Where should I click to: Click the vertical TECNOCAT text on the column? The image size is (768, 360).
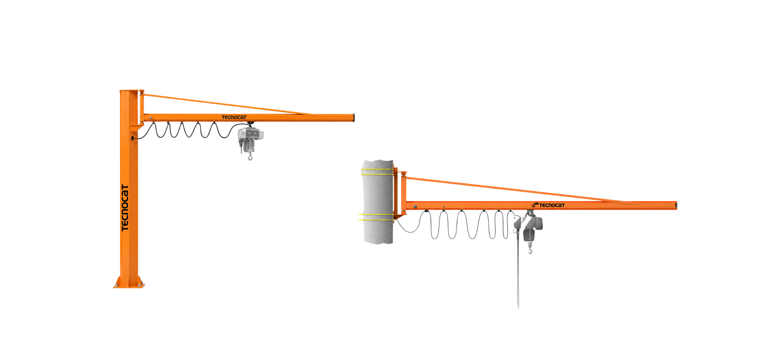[125, 208]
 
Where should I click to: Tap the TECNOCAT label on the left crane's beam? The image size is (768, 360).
[234, 117]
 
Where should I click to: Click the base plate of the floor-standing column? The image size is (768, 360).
[129, 286]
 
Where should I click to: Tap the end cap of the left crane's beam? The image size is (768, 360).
[353, 118]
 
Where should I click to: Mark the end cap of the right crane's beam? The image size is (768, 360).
[676, 206]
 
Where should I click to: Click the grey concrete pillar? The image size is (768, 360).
[378, 202]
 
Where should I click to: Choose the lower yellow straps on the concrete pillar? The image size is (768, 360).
[376, 217]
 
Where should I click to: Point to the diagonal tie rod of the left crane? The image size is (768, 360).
[228, 105]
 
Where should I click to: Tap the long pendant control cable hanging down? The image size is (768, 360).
[518, 272]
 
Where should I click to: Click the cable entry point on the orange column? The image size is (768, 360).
[133, 138]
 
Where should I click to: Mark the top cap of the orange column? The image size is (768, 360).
[132, 91]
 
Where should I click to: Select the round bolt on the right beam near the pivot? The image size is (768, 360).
[415, 206]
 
